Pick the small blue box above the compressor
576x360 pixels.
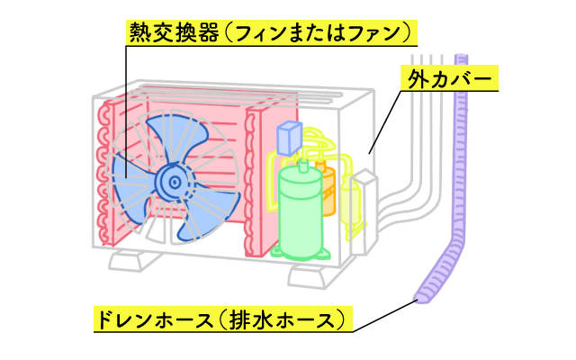[291, 138]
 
